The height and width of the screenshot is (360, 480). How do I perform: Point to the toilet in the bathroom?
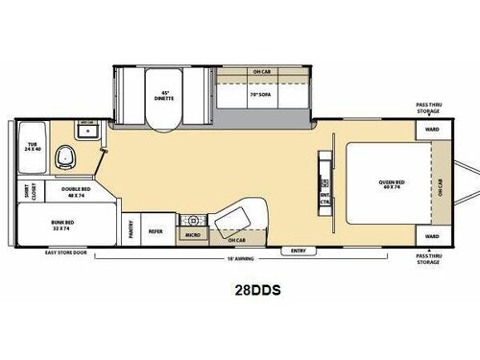point(64,156)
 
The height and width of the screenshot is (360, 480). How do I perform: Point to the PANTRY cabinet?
point(130,229)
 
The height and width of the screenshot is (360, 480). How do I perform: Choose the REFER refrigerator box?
point(155,230)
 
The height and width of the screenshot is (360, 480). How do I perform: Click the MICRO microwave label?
point(192,234)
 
